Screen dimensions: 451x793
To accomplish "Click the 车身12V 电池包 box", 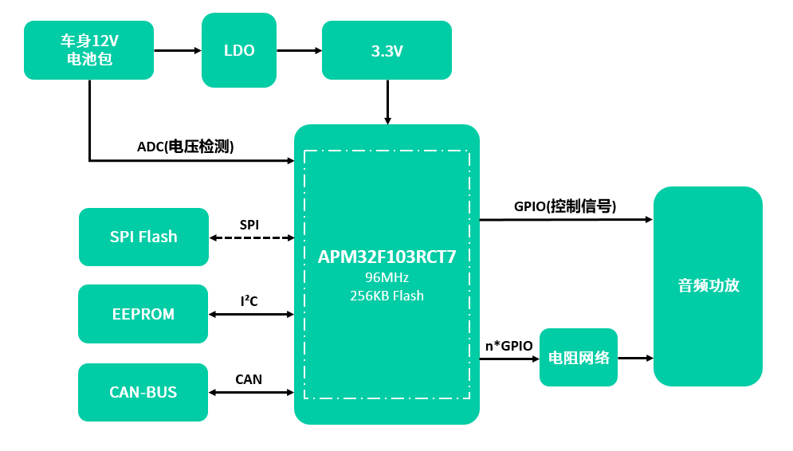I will (x=88, y=50).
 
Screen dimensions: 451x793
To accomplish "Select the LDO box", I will (x=239, y=50).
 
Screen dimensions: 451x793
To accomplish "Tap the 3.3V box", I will (x=387, y=51).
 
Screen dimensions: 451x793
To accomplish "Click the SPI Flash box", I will (x=143, y=237).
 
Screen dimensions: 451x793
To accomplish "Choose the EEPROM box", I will (x=143, y=314).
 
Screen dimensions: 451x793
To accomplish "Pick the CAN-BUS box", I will (x=143, y=392).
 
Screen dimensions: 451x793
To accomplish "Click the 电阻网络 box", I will (x=579, y=358).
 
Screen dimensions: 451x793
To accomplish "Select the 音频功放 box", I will (x=708, y=286).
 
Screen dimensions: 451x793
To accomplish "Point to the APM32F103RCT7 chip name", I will (x=387, y=257).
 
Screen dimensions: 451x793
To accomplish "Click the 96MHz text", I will (x=387, y=277).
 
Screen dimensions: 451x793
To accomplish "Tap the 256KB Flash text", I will (x=387, y=296).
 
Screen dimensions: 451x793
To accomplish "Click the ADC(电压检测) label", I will (x=185, y=147).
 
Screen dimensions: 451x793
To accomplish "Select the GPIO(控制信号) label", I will (x=564, y=206).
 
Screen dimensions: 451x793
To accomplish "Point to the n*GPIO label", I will (x=508, y=346).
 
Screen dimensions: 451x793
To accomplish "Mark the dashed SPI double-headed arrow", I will (x=251, y=237).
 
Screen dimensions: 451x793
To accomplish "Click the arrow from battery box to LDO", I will (x=178, y=50).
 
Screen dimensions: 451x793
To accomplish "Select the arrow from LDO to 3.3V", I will (x=299, y=50).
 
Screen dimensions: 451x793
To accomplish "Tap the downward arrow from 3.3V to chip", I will (x=387, y=102).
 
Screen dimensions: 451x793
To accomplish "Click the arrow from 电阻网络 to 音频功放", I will (x=635, y=359).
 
